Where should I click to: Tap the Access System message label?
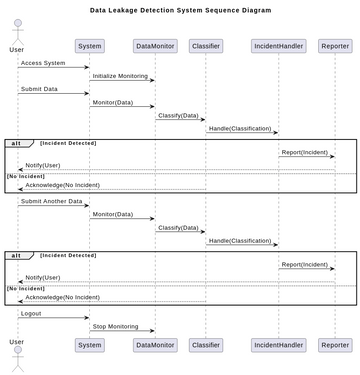coord(42,63)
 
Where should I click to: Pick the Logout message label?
coord(32,313)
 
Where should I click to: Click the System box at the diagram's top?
coord(89,45)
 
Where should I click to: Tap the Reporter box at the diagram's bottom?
coord(335,345)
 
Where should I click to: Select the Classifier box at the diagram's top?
coord(205,45)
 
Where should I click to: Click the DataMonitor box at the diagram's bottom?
coord(154,345)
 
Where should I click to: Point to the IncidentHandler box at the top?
coord(279,45)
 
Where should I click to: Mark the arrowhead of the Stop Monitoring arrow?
coord(152,331)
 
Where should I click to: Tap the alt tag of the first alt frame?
coord(16,143)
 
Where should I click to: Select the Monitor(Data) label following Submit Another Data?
coord(112,214)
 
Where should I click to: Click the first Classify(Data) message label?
coord(177,115)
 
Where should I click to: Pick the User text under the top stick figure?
coord(17,48)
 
